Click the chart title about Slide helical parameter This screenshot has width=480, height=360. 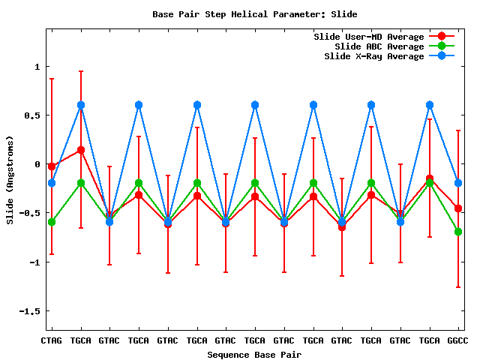tap(254, 14)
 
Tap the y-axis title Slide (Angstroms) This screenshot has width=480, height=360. tap(10, 180)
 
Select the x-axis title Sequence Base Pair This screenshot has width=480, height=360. tap(254, 354)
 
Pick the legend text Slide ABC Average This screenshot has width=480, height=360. tap(379, 46)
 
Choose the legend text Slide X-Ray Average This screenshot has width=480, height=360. tap(373, 56)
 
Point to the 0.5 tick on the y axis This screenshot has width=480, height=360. tap(31, 115)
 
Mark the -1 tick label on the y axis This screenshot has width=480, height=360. tap(34, 262)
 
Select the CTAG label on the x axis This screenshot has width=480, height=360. tap(51, 340)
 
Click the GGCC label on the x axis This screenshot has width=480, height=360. tap(458, 340)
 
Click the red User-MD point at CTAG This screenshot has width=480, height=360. tap(52, 166)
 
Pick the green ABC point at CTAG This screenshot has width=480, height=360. tap(52, 222)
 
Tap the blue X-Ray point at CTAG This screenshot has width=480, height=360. tap(52, 183)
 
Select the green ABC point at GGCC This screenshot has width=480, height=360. tap(458, 232)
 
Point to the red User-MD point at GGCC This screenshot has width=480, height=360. tap(458, 208)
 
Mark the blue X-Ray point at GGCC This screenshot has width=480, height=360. tap(458, 183)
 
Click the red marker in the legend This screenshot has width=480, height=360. tap(441, 37)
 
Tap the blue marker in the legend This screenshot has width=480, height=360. tap(441, 56)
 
